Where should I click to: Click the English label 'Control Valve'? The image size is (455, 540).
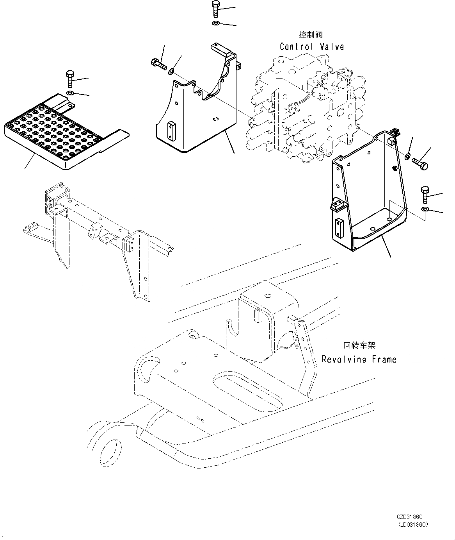pyautogui.click(x=312, y=47)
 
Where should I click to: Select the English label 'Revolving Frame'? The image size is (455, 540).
pyautogui.click(x=359, y=359)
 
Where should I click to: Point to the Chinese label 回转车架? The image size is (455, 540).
pyautogui.click(x=359, y=345)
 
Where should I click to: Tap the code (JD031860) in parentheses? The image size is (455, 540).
pyautogui.click(x=412, y=524)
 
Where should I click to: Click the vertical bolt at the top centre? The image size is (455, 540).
pyautogui.click(x=215, y=9)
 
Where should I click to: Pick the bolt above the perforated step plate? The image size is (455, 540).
pyautogui.click(x=70, y=79)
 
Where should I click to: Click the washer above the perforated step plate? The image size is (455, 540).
pyautogui.click(x=70, y=93)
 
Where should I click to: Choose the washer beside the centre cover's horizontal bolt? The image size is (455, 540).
pyautogui.click(x=171, y=72)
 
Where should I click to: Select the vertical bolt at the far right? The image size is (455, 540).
pyautogui.click(x=425, y=195)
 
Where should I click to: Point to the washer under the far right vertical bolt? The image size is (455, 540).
pyautogui.click(x=425, y=210)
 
